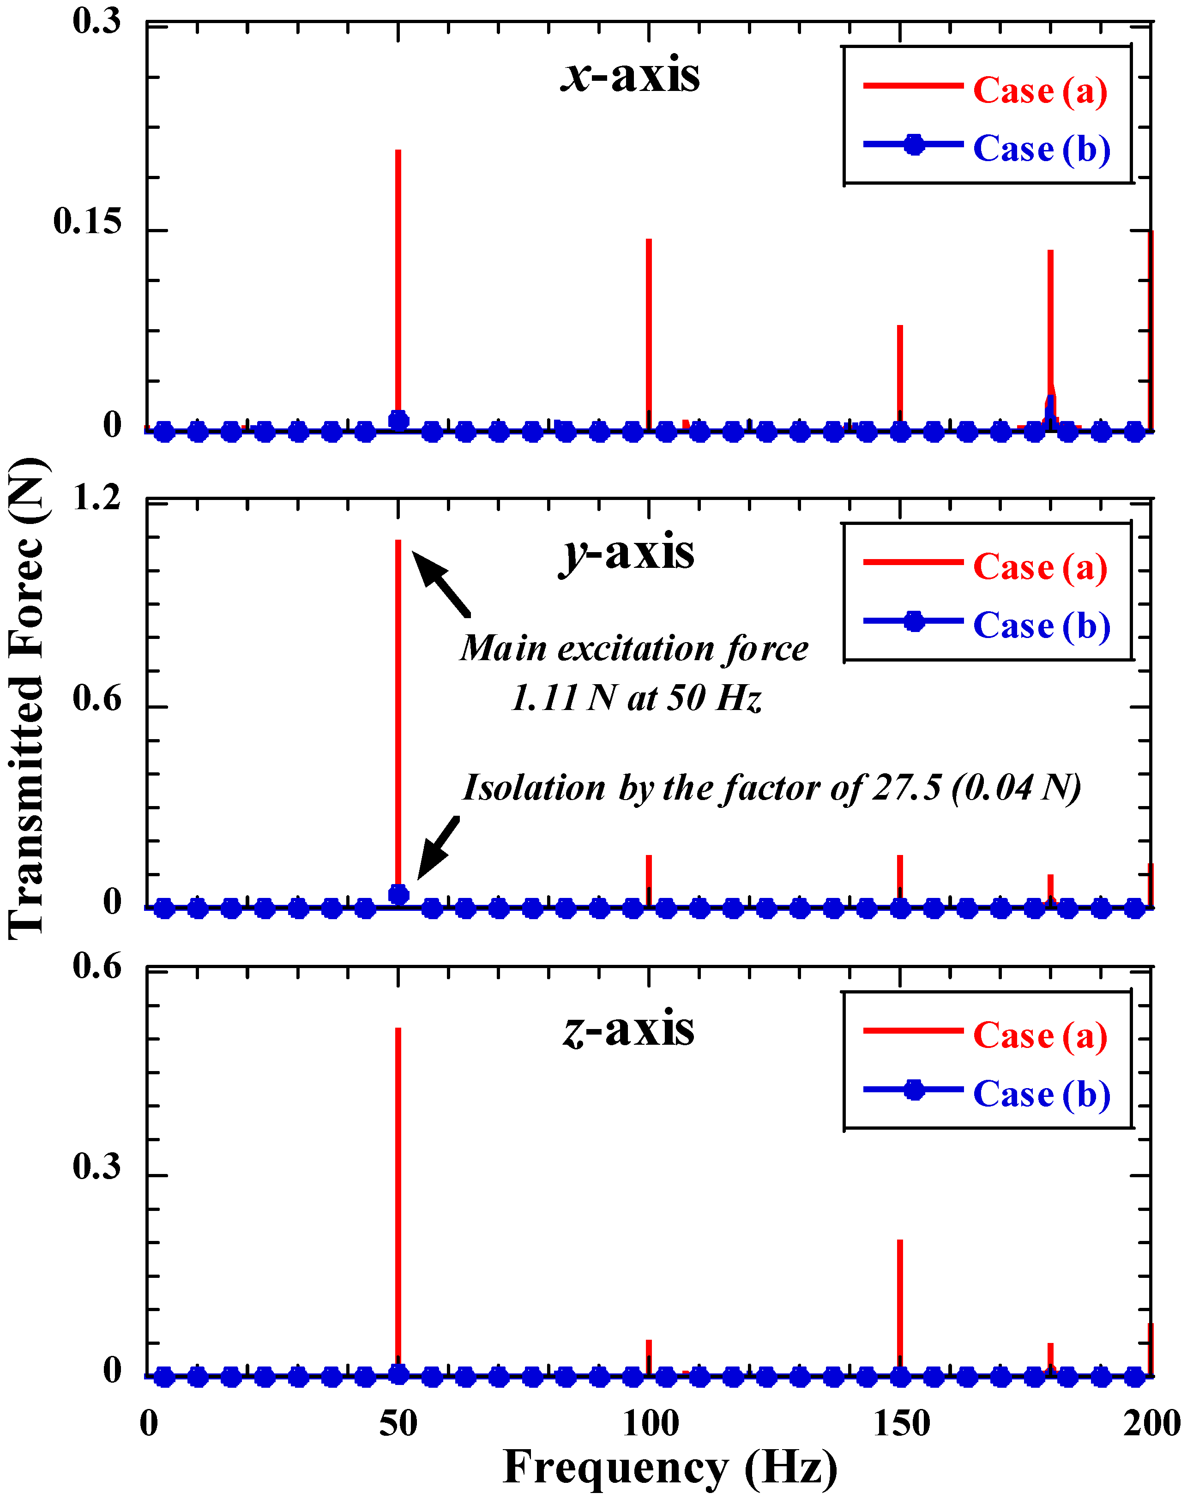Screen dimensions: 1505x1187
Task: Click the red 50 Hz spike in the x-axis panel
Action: tap(398, 278)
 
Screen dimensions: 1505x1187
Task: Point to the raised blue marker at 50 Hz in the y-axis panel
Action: tap(398, 894)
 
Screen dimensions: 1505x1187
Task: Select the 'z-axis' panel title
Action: tap(628, 1030)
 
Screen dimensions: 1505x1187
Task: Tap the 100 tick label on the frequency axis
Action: tap(650, 1424)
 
